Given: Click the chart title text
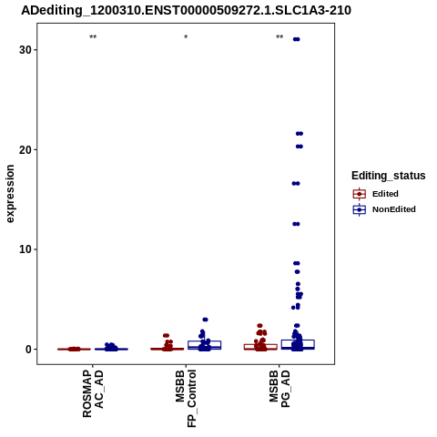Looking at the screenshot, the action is pos(186,10).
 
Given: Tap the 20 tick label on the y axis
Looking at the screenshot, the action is pos(25,149).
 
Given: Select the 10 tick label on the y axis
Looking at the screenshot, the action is pos(25,249).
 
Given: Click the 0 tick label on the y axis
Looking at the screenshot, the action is pos(29,350).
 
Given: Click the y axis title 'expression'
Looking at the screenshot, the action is pos(10,194).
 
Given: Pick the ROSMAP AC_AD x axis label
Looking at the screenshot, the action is pos(93,394).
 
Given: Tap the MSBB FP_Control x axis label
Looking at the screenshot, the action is pos(186,399).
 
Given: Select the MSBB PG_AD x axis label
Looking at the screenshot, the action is pos(279,389).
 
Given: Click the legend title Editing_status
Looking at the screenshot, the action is pos(389,176).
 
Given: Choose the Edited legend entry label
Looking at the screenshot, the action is pos(385,194).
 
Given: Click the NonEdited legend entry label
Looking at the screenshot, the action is pos(394,209).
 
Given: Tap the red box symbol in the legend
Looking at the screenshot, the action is pos(360,194).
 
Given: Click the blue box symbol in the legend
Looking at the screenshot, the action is pos(360,209).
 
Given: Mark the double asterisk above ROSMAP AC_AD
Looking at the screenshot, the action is pos(93,37).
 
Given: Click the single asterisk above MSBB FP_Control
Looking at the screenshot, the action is pos(186,37).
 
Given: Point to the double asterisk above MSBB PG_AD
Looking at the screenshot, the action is pos(279,37).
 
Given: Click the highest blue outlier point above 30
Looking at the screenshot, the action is pos(296,39).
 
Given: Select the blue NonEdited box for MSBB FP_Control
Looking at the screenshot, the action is pos(205,345).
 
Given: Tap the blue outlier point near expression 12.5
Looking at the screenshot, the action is pos(296,224).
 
